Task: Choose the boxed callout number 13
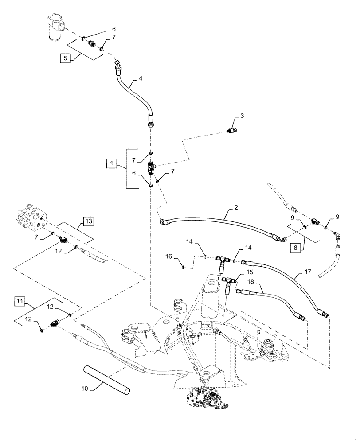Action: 88,221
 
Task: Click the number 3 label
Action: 242,116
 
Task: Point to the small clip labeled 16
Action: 183,267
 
